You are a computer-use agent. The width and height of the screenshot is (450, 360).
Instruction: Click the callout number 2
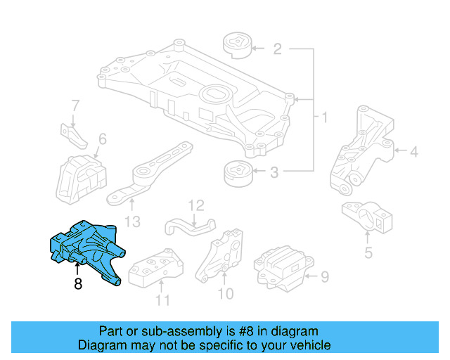click(x=277, y=49)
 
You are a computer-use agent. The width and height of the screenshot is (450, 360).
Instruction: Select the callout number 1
click(x=324, y=116)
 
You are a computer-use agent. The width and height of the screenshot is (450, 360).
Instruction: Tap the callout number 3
click(x=274, y=171)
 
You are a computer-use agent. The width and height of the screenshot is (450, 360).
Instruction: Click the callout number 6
click(x=103, y=139)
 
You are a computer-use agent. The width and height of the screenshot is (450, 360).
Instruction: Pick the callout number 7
click(x=75, y=106)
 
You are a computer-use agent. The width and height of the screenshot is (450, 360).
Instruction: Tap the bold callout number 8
click(x=77, y=285)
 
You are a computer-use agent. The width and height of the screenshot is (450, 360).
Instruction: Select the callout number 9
click(x=324, y=277)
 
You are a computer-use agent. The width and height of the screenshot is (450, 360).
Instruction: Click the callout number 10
click(x=225, y=293)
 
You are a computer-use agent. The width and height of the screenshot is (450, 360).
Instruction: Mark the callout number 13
click(x=132, y=221)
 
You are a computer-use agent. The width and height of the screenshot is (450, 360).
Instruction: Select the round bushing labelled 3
click(x=236, y=173)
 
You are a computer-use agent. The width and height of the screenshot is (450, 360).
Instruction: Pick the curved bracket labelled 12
click(x=188, y=226)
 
